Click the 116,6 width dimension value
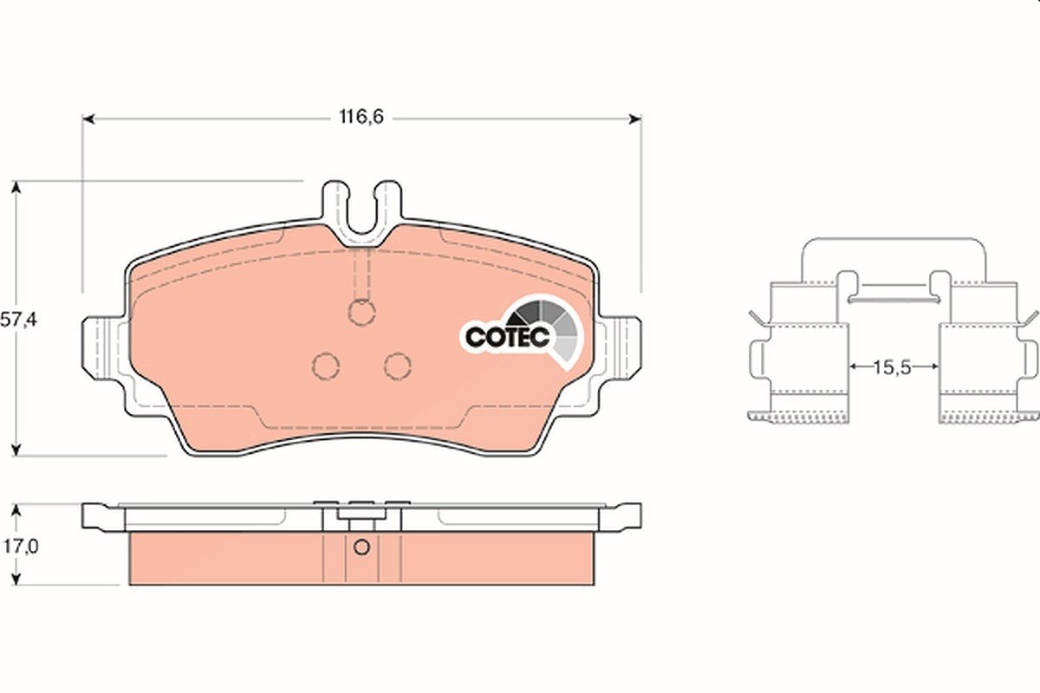pyautogui.click(x=361, y=117)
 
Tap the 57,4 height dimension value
pyautogui.click(x=18, y=320)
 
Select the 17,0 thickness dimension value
pyautogui.click(x=22, y=547)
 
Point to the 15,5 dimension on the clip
pyautogui.click(x=893, y=367)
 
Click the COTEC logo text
pyautogui.click(x=508, y=337)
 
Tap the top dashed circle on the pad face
pyautogui.click(x=361, y=313)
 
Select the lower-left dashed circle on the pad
pyautogui.click(x=326, y=366)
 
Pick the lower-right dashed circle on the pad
pyautogui.click(x=398, y=366)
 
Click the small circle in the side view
pyautogui.click(x=361, y=547)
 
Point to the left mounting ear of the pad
pyautogui.click(x=103, y=347)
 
